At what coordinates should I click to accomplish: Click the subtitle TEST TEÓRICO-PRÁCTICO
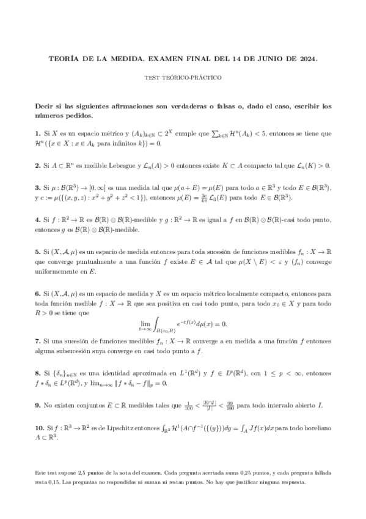pyautogui.click(x=183, y=78)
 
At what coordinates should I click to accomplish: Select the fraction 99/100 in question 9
pyautogui.click(x=247, y=406)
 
